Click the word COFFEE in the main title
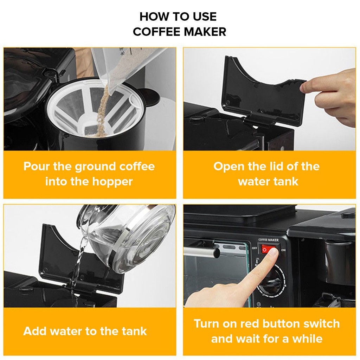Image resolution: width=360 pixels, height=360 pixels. [x=157, y=32]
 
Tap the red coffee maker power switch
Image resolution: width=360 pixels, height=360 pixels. [x=269, y=249]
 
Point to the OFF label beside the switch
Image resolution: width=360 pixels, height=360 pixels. [x=255, y=248]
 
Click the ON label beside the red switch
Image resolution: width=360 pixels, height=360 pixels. [x=283, y=250]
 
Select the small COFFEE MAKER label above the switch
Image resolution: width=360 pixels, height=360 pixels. [x=268, y=240]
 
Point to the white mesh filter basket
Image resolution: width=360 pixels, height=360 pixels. [x=92, y=108]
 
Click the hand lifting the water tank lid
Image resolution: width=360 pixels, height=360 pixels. [x=330, y=96]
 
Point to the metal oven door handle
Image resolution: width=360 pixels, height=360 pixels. [x=202, y=251]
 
